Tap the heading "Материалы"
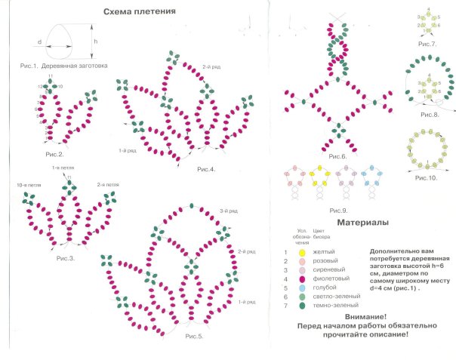(x=362, y=223)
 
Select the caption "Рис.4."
(x=205, y=169)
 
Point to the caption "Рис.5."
(x=195, y=334)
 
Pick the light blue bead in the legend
(x=303, y=288)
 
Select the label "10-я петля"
(x=26, y=185)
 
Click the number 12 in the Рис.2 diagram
(x=39, y=87)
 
